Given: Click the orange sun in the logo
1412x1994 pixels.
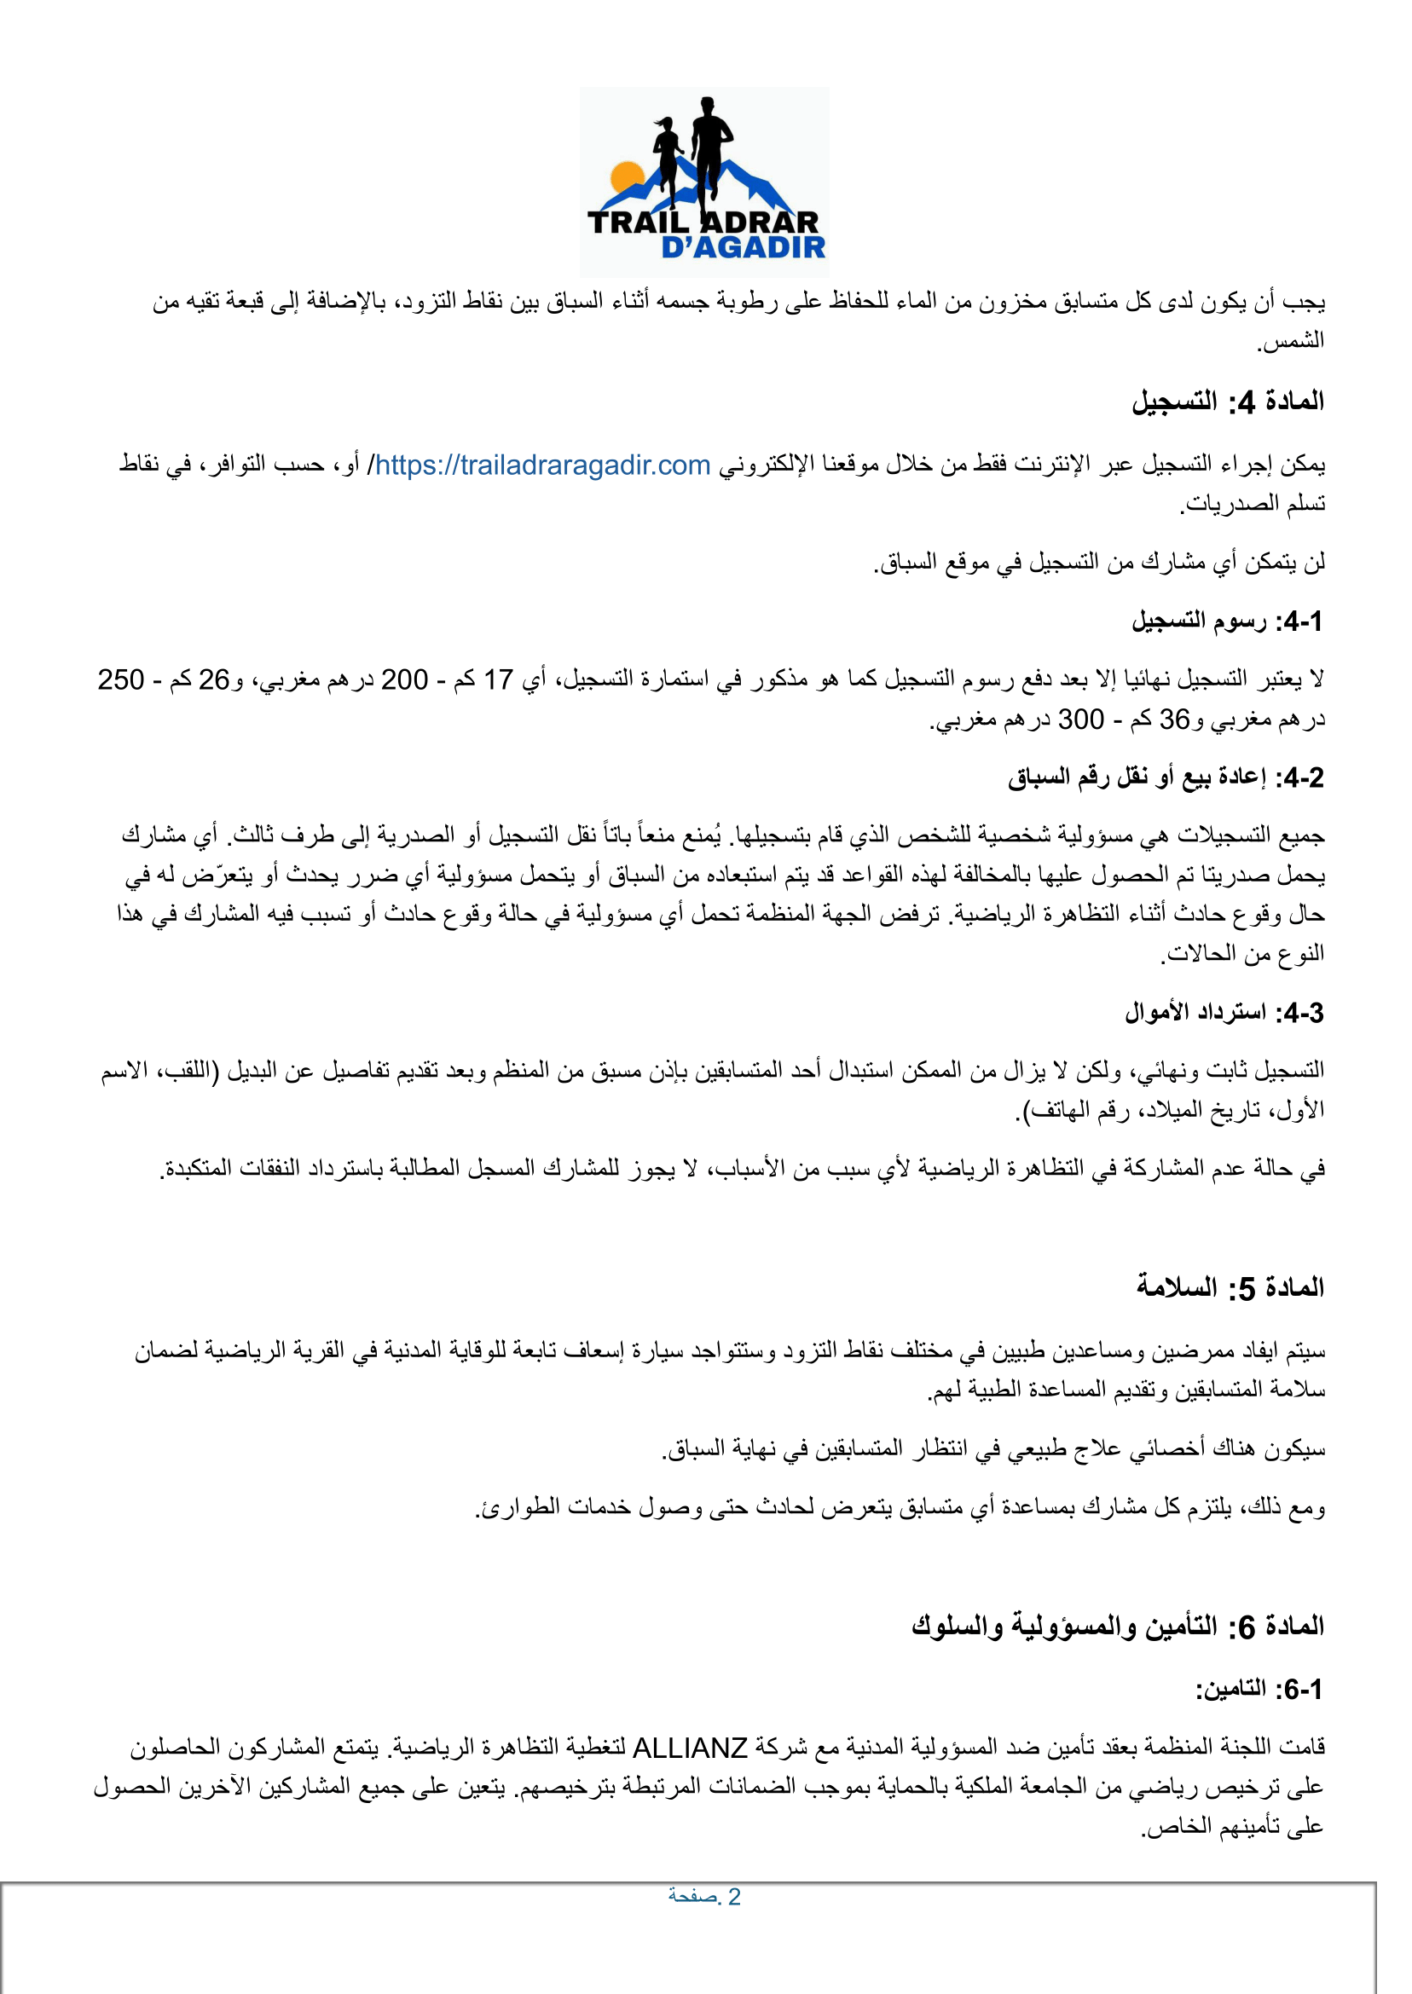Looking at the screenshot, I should [x=627, y=176].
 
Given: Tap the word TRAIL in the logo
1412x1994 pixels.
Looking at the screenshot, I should [x=638, y=223].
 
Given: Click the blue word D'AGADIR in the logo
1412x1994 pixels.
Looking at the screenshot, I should [x=744, y=248].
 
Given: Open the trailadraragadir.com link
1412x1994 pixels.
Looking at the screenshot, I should [x=542, y=465].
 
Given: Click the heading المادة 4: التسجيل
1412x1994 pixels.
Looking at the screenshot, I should [x=1228, y=402].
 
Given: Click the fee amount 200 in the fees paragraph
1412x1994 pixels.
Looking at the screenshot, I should [x=404, y=679].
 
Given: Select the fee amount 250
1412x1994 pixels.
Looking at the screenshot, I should [x=121, y=679].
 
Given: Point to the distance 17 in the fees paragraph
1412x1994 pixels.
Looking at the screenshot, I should [x=499, y=679].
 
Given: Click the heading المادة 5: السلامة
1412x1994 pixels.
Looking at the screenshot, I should [x=1230, y=1287].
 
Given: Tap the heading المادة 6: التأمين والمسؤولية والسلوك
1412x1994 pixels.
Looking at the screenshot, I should [x=1118, y=1626].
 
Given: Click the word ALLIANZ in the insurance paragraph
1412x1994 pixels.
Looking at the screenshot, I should [x=690, y=1747].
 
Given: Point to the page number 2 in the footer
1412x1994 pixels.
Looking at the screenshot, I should [x=734, y=1897].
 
